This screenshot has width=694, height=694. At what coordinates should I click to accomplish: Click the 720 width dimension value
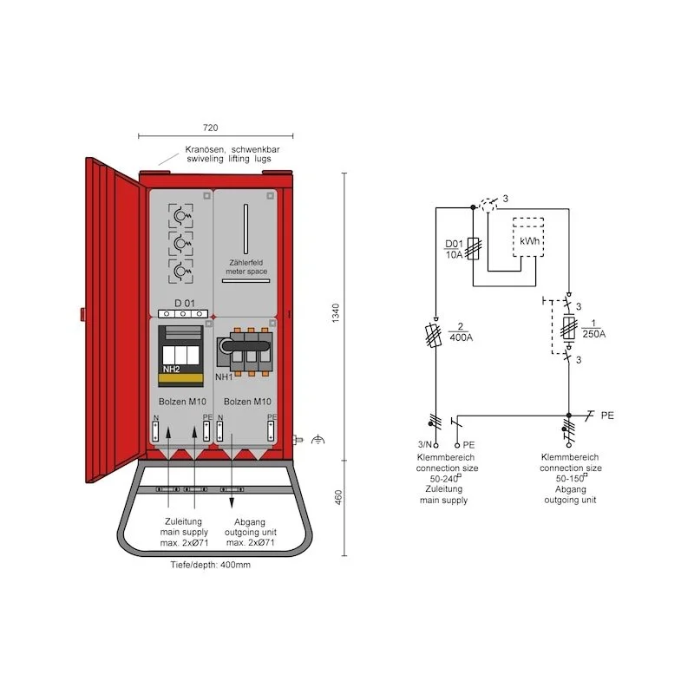point(210,128)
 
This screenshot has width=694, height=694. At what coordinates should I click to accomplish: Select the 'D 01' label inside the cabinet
point(184,303)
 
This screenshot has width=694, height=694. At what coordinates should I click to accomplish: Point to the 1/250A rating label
point(593,329)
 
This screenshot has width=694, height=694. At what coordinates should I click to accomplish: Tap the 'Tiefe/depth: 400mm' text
point(210,565)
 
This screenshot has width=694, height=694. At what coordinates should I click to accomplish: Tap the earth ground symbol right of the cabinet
point(318,441)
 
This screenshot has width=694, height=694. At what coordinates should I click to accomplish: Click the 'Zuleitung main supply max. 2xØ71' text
point(182,532)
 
